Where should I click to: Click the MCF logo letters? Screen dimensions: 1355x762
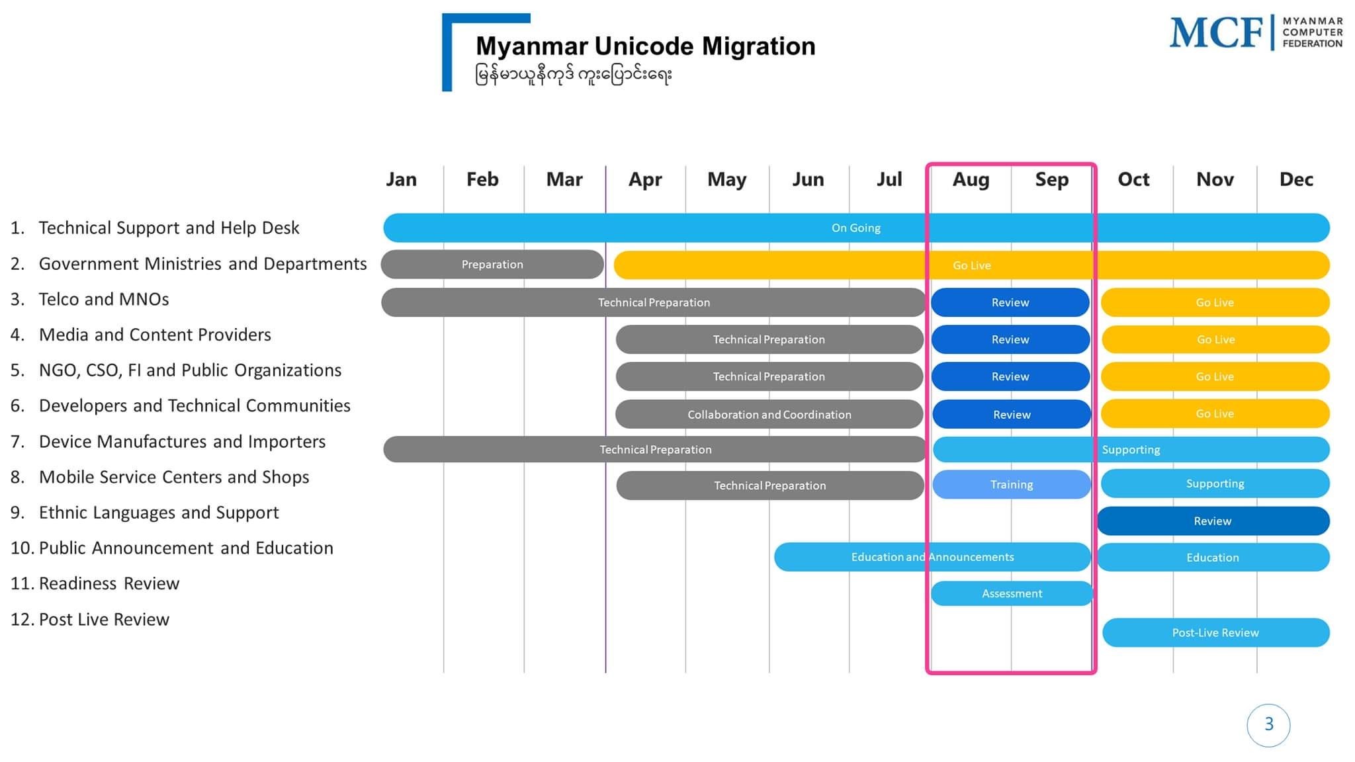click(1216, 33)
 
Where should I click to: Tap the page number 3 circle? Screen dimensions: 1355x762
click(1268, 725)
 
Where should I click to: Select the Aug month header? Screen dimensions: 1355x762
click(971, 179)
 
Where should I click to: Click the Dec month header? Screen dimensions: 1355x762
click(1296, 179)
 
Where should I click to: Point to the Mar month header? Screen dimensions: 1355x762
click(564, 179)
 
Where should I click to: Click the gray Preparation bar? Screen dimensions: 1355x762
click(492, 265)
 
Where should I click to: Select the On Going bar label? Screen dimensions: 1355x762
click(855, 228)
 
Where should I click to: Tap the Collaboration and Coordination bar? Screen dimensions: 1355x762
click(769, 415)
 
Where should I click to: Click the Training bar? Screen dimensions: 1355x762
click(1011, 485)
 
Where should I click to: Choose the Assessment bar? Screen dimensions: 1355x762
click(1012, 594)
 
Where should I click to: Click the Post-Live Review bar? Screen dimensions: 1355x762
click(1215, 633)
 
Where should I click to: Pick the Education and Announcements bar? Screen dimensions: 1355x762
click(932, 558)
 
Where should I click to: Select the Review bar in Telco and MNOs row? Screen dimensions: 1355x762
click(1010, 303)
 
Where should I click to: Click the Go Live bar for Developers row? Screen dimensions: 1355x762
click(1215, 414)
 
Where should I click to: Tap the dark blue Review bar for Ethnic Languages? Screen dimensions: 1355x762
click(1212, 521)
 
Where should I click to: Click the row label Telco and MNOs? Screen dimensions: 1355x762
click(104, 300)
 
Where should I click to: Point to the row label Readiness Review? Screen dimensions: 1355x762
click(109, 583)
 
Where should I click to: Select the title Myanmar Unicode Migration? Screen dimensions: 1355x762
click(645, 46)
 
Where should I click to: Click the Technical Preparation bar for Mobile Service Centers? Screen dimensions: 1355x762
click(769, 486)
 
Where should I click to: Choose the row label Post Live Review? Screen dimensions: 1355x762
click(104, 619)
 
